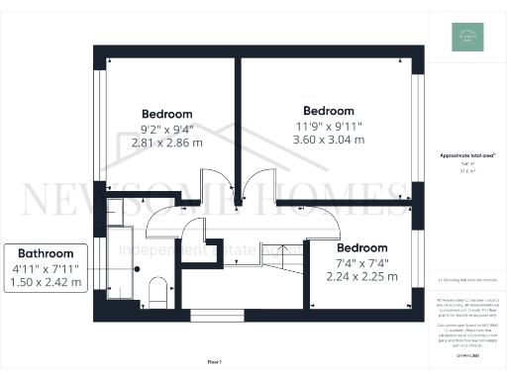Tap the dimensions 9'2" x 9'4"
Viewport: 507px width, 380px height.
pyautogui.click(x=166, y=129)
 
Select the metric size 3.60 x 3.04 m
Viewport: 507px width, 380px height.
pyautogui.click(x=328, y=140)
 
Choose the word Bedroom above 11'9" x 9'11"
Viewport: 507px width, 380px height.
pyautogui.click(x=328, y=110)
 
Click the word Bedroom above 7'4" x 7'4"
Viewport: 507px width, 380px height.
pyautogui.click(x=361, y=247)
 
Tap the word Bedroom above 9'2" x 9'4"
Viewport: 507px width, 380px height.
pyautogui.click(x=166, y=114)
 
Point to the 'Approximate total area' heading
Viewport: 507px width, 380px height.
pyautogui.click(x=464, y=156)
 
